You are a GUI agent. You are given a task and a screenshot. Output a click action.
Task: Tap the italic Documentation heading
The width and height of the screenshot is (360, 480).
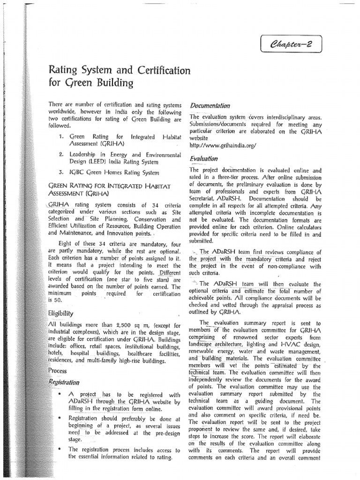pyautogui.click(x=210, y=106)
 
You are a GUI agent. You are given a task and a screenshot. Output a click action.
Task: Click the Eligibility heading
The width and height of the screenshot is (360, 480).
pyautogui.click(x=60, y=313)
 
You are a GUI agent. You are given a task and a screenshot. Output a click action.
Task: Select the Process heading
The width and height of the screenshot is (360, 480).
pyautogui.click(x=58, y=370)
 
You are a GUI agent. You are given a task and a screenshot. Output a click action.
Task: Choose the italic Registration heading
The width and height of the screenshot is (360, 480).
pyautogui.click(x=64, y=382)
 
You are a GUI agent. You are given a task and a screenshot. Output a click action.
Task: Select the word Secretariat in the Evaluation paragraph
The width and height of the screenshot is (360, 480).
pyautogui.click(x=203, y=198)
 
